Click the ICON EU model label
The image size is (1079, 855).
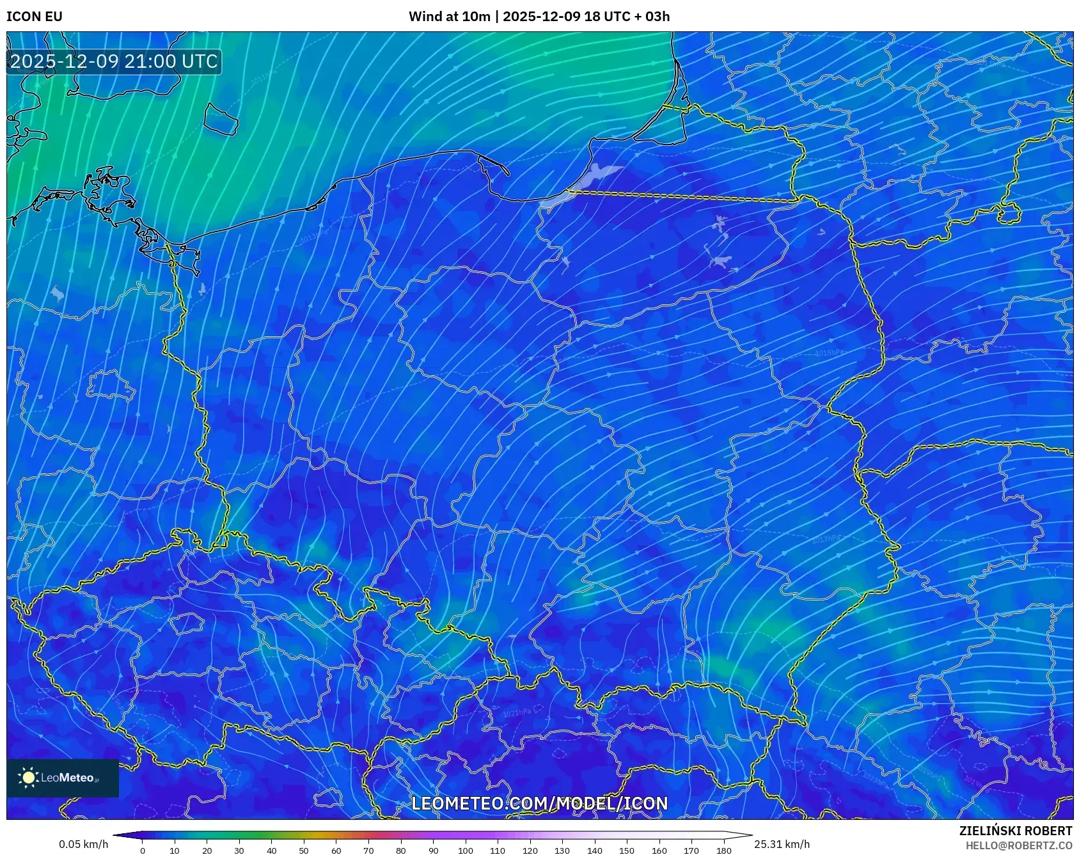click(x=35, y=17)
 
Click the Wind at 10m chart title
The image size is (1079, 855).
click(x=539, y=17)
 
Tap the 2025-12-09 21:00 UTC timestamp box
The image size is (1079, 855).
click(x=114, y=61)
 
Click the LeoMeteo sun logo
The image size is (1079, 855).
click(x=29, y=778)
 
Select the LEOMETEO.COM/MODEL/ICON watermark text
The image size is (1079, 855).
click(x=539, y=803)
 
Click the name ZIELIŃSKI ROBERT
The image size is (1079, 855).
click(x=1015, y=831)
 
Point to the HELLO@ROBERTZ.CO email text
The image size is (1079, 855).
click(x=1018, y=845)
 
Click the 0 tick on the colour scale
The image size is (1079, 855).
click(x=143, y=850)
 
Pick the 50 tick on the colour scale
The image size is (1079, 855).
click(x=304, y=850)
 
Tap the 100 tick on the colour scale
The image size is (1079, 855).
click(x=465, y=850)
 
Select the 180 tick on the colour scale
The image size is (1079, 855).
click(x=723, y=850)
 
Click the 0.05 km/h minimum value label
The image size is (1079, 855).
click(x=84, y=844)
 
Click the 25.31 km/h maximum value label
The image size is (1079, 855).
click(x=782, y=844)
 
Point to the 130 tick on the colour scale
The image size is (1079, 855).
click(x=562, y=850)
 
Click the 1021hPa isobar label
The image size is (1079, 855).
click(x=517, y=712)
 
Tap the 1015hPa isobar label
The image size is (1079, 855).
click(x=830, y=352)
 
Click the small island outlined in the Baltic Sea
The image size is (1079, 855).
click(x=221, y=119)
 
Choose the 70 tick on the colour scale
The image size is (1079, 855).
click(x=368, y=850)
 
